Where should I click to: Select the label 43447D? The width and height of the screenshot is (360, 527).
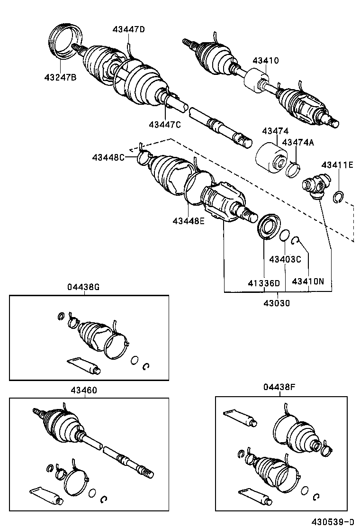(x=128, y=29)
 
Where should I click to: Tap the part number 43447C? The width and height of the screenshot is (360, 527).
(x=165, y=125)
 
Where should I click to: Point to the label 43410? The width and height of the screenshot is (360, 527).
(x=265, y=61)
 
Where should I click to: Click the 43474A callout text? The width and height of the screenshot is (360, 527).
(x=298, y=142)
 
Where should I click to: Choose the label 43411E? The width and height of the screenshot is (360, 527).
(x=337, y=165)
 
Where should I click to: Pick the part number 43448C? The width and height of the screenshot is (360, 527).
(x=109, y=157)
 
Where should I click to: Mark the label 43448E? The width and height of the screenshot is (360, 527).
(x=189, y=220)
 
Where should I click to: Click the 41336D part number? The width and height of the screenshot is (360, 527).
(x=264, y=283)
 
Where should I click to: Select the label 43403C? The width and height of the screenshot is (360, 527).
(x=285, y=259)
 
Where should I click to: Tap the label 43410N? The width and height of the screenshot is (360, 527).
(x=308, y=281)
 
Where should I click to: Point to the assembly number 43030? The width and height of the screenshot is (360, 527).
(x=277, y=303)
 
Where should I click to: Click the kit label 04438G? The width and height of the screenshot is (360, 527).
(x=83, y=287)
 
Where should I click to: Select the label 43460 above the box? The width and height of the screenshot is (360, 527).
(x=84, y=390)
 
